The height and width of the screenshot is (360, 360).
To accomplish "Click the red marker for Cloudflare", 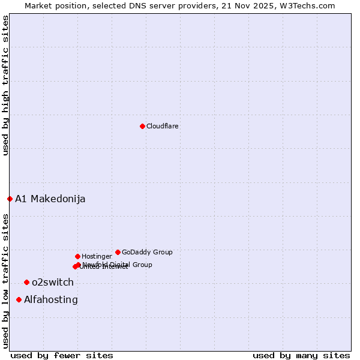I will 142,126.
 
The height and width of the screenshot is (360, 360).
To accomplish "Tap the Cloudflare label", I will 163,127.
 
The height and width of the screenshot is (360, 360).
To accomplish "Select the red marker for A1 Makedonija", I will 10,199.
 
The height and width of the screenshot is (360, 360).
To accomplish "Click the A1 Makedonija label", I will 50,199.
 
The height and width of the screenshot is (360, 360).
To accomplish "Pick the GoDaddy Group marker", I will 118,252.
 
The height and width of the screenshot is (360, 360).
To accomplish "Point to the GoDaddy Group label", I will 147,253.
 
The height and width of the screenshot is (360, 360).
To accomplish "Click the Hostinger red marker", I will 77,256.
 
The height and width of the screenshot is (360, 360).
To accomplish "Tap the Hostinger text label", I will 97,257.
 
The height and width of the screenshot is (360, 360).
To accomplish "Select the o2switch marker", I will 26,282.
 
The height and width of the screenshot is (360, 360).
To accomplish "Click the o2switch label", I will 53,283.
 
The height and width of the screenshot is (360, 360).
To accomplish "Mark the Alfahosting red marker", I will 19,299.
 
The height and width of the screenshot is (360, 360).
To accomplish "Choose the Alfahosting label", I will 51,300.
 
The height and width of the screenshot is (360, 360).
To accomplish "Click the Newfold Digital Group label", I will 118,265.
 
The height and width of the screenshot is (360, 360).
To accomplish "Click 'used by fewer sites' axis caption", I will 62,355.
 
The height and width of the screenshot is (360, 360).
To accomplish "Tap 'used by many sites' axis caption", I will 301,355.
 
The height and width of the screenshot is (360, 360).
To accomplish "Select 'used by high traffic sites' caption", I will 5,85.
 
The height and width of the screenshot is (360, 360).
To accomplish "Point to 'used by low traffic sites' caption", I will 5,281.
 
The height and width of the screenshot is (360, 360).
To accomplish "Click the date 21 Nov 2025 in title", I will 253,5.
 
